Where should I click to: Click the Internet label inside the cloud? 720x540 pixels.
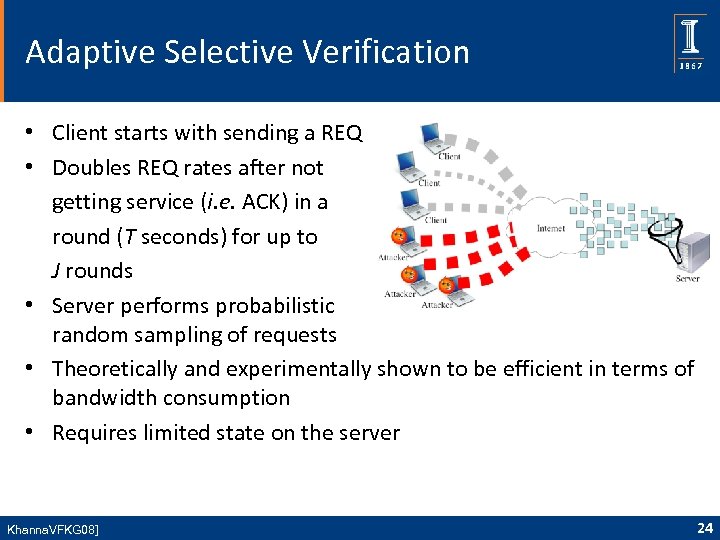(550, 228)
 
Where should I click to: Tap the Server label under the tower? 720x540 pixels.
(687, 279)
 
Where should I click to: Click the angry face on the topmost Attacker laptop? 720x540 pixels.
(399, 237)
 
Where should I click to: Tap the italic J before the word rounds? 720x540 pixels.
(57, 270)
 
